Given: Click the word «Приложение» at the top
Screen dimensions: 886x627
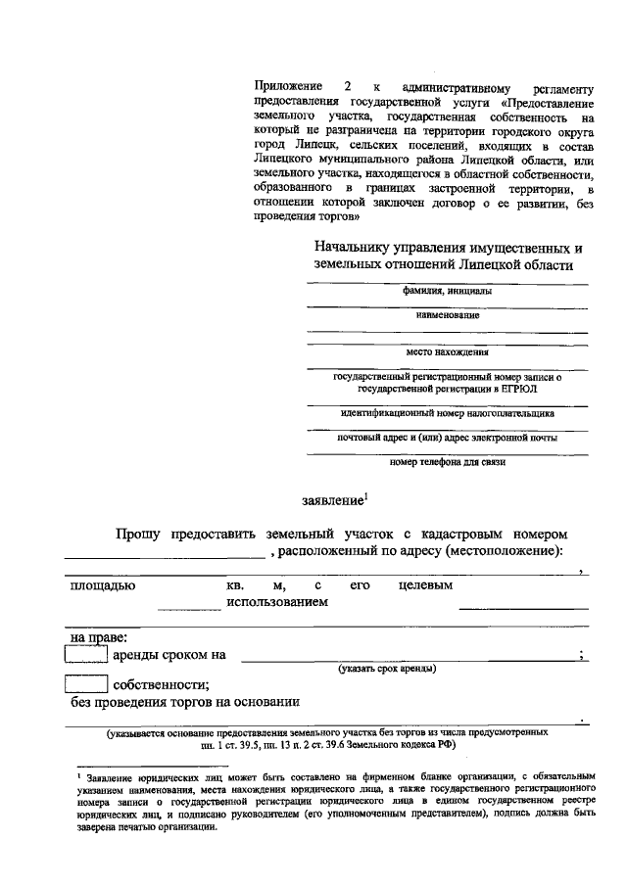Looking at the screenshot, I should tap(286, 87).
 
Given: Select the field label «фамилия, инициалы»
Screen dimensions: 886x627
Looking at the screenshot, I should tap(447, 291).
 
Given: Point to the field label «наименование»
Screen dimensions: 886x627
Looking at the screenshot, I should tap(447, 315).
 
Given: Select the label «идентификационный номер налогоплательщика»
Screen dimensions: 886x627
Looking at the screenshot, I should tap(447, 412).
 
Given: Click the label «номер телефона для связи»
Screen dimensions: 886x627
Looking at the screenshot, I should tap(447, 461).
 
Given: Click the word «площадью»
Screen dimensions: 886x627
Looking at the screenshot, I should tap(102, 585).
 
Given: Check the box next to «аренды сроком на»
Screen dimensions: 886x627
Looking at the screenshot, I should tap(85, 655).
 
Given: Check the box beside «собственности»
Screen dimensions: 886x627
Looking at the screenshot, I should tap(85, 684).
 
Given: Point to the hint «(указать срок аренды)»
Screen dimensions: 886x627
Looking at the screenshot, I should tap(387, 668).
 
